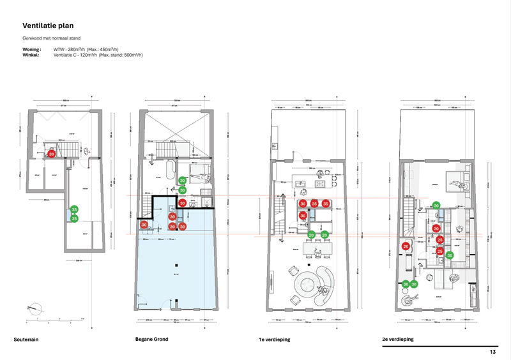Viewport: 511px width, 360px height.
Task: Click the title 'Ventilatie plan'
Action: (x=48, y=27)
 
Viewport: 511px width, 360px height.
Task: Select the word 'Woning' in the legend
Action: (x=31, y=49)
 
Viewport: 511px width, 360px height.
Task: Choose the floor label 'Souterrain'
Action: (x=26, y=340)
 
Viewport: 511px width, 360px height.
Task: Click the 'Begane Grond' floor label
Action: (x=151, y=340)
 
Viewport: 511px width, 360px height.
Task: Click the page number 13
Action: (x=492, y=352)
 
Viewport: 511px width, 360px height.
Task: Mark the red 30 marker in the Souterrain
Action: (x=52, y=154)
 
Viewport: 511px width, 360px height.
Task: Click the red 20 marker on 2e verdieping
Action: (x=406, y=246)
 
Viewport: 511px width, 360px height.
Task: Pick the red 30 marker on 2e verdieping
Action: (x=437, y=229)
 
